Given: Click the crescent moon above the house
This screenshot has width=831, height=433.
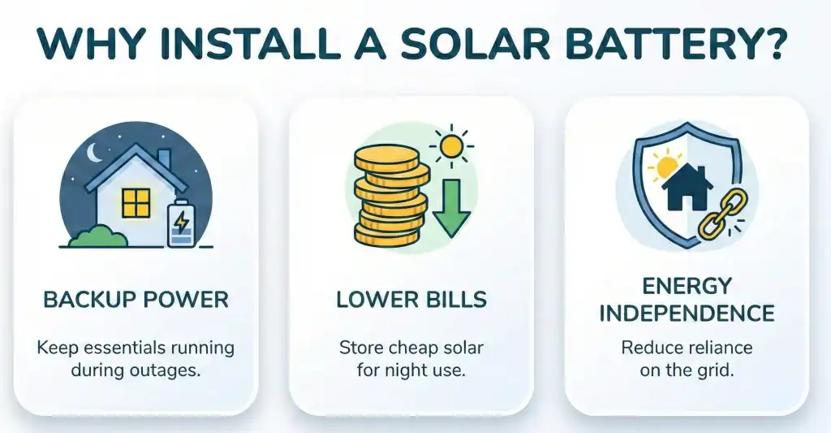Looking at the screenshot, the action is point(95,153).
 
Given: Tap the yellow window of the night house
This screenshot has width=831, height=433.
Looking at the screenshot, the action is point(136,203).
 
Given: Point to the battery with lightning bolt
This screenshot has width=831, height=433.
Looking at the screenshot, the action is point(181,223).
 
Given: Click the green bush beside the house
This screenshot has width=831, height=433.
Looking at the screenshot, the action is point(98,236).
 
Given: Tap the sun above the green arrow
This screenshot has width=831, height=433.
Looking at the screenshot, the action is point(451,146).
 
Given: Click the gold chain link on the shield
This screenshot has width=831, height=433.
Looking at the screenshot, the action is point(722,214).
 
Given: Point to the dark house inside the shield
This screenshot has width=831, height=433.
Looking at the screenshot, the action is point(687,187).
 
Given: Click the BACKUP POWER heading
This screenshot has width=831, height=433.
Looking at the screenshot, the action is point(136,299).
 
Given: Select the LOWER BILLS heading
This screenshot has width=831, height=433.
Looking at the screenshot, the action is point(411,299).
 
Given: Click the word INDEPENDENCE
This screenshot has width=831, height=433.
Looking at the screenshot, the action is point(687,313).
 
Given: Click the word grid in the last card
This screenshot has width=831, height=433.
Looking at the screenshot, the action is point(716,370).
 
